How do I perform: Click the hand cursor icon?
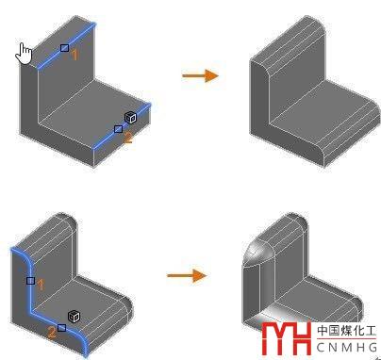point(24,54)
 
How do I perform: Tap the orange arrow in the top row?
point(200,75)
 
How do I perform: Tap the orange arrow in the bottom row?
point(187,276)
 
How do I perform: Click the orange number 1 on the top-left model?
point(75,55)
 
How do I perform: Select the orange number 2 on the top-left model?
point(128,138)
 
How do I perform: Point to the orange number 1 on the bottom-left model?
point(41,286)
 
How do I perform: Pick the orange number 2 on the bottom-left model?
point(52,332)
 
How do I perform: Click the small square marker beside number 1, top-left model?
point(64,48)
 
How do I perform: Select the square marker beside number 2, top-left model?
point(118,129)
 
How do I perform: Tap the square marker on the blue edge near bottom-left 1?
point(30,281)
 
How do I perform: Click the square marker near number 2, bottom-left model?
point(62,328)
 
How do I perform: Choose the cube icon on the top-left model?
point(131,118)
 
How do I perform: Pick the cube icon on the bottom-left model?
point(74,317)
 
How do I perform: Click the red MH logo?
point(287,338)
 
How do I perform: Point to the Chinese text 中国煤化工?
point(346,331)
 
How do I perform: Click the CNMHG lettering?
point(347,347)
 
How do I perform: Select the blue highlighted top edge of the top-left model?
point(66,45)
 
